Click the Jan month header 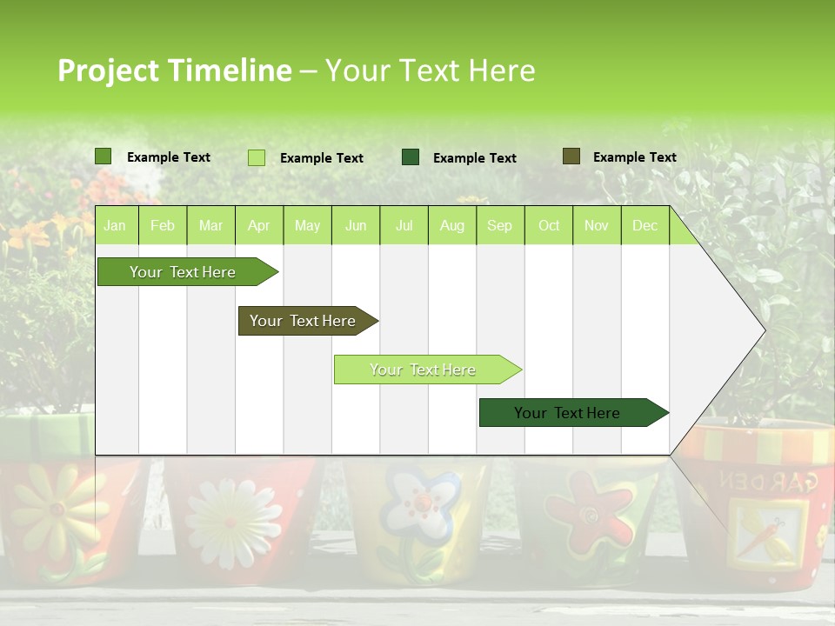(115, 226)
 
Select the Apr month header (258, 226)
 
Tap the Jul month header (404, 226)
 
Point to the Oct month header (549, 226)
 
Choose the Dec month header (645, 226)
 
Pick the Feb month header (163, 226)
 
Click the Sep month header (499, 226)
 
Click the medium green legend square (104, 156)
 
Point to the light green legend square (257, 157)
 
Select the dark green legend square (411, 157)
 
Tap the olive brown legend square (571, 156)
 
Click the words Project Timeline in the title (174, 70)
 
